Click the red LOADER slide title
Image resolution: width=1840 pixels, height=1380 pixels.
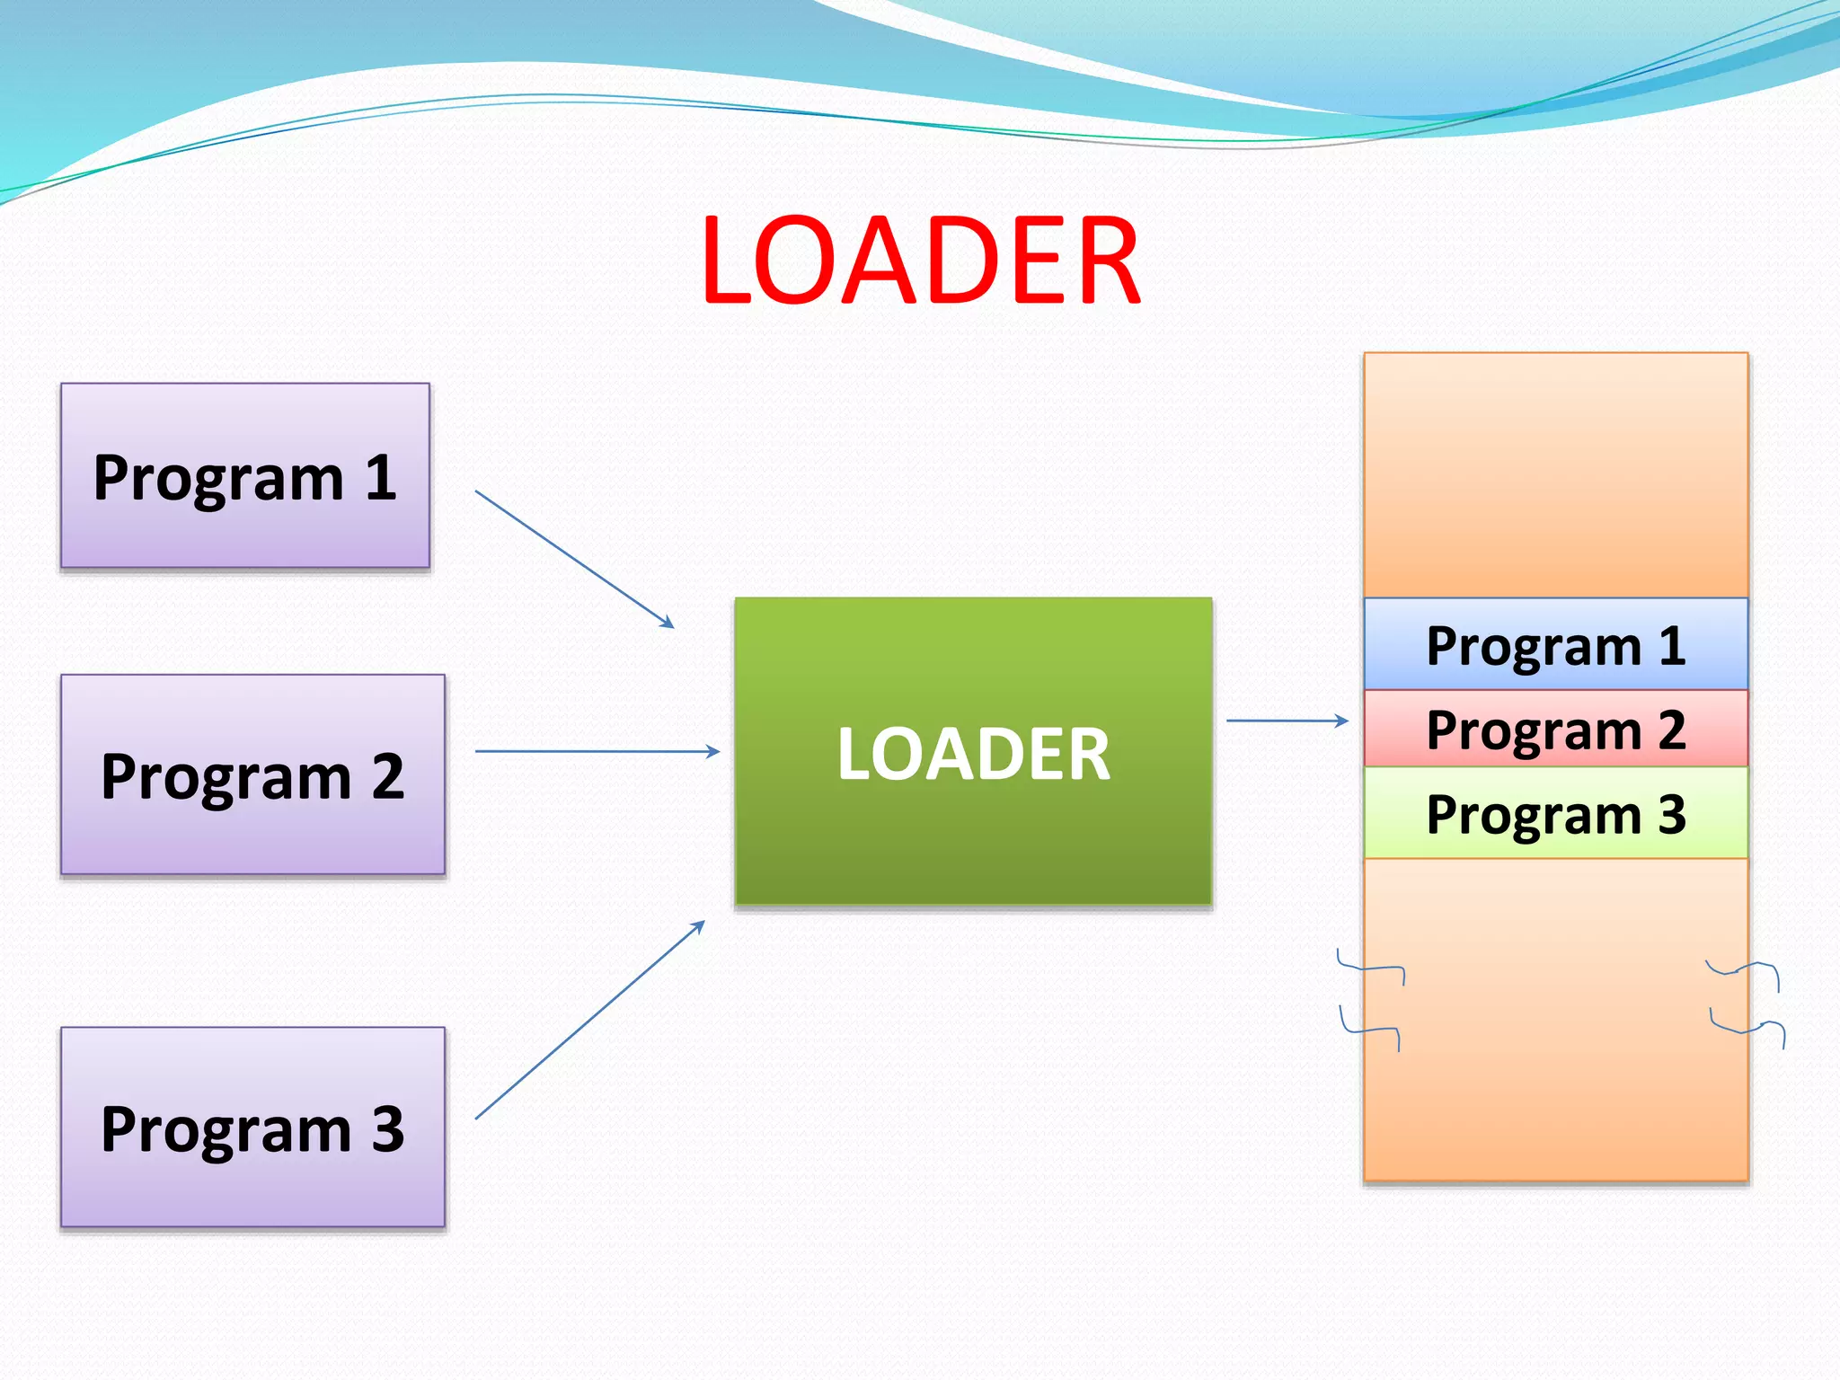pyautogui.click(x=920, y=261)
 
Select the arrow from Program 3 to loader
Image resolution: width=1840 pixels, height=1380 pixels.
pyautogui.click(x=588, y=1021)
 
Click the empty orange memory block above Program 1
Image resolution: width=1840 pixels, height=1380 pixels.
pyautogui.click(x=1555, y=474)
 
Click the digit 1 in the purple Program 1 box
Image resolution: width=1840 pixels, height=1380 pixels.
pyautogui.click(x=381, y=477)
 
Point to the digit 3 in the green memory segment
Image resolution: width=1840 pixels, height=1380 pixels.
pyautogui.click(x=1671, y=814)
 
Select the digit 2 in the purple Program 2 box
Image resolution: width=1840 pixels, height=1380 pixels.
pyautogui.click(x=387, y=776)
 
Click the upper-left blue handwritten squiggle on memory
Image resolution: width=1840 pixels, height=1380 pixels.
pyautogui.click(x=1370, y=969)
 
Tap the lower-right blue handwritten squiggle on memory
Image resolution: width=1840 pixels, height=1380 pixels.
pyautogui.click(x=1747, y=1029)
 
